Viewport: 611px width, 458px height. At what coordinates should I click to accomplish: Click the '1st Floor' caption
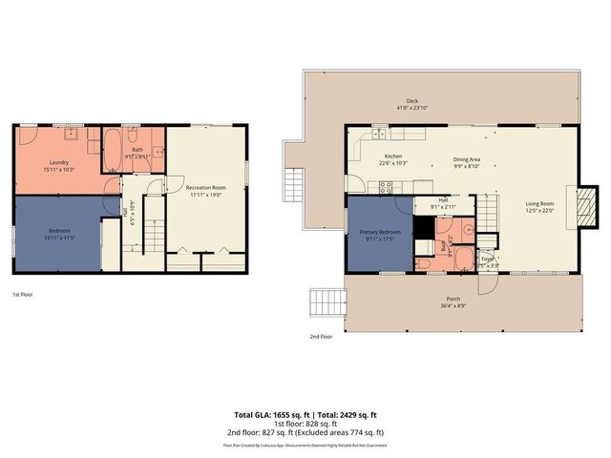coord(22,295)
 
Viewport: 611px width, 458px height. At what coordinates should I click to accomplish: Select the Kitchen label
coord(392,156)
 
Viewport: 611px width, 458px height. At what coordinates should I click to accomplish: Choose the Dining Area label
coord(466,162)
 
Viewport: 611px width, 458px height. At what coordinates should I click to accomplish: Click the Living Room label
coord(539,204)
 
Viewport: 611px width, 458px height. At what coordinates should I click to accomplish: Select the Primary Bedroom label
coord(380,234)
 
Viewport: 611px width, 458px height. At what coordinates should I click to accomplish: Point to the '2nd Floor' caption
coord(321,337)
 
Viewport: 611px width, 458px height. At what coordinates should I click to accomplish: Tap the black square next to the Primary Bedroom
coord(423,228)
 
